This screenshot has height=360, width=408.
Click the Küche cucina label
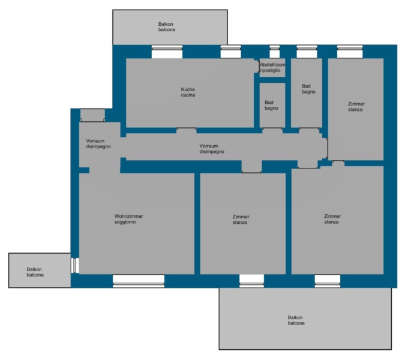pos(188,92)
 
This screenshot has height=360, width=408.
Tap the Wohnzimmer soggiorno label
pos(128,219)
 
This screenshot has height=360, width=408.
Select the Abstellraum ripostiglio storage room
pos(272,68)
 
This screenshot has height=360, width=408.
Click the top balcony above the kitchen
pos(170,28)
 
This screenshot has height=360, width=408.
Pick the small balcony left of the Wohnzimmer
pos(40,270)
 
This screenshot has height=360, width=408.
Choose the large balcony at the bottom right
pos(305,319)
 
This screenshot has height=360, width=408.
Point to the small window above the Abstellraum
pos(275,52)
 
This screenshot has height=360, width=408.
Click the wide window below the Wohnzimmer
pos(139,281)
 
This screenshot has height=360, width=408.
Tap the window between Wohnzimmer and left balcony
pos(75,266)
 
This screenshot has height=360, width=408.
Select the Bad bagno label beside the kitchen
pos(271,106)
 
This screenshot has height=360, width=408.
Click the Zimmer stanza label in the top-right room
pos(356,107)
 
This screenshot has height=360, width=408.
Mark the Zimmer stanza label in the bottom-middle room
pos(241,219)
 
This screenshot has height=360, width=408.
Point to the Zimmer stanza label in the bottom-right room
pos(332,219)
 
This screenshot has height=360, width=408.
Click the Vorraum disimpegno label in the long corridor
pos(212,149)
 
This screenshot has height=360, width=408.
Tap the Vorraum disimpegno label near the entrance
pos(98,143)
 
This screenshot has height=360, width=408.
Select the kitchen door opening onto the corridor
pos(187,130)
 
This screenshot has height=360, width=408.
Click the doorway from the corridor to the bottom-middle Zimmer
pos(251,167)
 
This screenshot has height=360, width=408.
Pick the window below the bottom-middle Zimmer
pos(251,281)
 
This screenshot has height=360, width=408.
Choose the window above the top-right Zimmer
pos(350,52)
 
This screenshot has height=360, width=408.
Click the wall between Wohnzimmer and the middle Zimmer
pos(197,224)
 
